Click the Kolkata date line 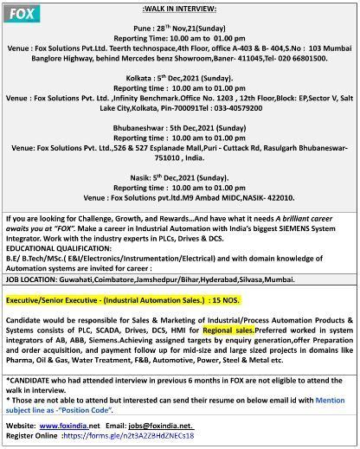[178, 77]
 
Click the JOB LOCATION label [35, 279]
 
